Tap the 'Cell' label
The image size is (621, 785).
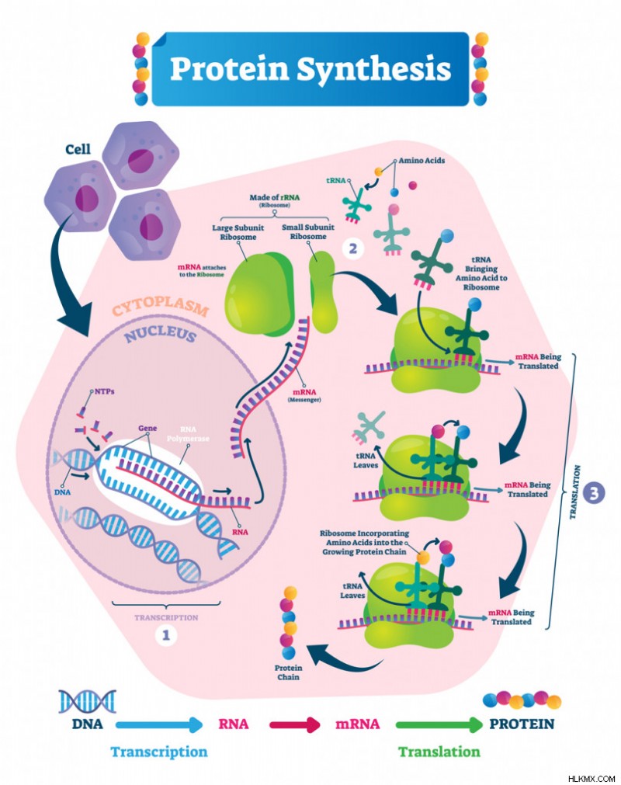[78, 149]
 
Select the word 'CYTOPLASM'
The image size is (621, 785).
[160, 307]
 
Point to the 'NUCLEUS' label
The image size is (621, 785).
[160, 335]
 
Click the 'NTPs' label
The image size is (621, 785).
[105, 391]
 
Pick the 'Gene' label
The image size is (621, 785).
[147, 428]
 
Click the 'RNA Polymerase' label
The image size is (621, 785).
[188, 433]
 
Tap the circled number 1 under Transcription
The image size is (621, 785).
[166, 635]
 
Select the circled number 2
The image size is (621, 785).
[353, 248]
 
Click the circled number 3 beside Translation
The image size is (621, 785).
[594, 493]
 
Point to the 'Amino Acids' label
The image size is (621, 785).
[422, 161]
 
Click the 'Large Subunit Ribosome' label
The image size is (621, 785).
[238, 232]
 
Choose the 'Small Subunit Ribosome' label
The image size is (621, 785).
[307, 232]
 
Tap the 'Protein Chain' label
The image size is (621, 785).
[288, 672]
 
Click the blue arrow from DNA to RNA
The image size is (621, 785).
[160, 724]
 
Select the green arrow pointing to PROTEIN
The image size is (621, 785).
[440, 724]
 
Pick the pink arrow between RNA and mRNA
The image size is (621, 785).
[295, 724]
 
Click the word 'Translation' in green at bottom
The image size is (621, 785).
[439, 752]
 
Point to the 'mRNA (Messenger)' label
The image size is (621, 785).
[304, 395]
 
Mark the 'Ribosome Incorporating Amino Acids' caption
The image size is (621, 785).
[364, 543]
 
